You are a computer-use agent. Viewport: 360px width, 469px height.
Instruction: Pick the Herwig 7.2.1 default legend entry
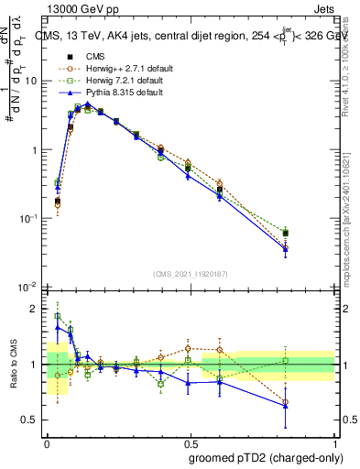tap(108, 80)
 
